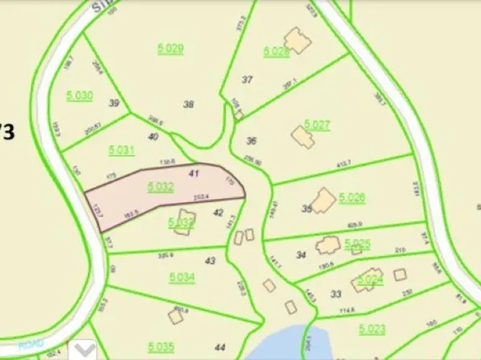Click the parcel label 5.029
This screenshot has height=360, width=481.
click(170, 48)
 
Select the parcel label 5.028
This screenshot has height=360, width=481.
click(276, 52)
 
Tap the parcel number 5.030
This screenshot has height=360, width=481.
click(80, 95)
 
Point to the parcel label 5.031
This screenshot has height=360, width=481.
click(121, 150)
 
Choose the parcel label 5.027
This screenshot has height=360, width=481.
click(317, 125)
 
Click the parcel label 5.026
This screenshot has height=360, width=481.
click(352, 197)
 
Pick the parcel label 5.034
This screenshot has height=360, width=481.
click(182, 277)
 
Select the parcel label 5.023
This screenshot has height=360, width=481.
click(373, 329)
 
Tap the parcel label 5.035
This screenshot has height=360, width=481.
click(161, 347)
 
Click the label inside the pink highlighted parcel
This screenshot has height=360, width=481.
click(161, 186)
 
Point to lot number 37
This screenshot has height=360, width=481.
click(248, 79)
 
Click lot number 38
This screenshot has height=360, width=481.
click(189, 103)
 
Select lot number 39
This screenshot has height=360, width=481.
click(114, 103)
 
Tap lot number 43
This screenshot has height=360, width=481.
click(211, 261)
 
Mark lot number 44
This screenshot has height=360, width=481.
click(220, 346)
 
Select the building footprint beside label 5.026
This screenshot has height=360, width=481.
click(324, 199)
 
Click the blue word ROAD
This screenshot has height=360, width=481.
click(31, 343)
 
